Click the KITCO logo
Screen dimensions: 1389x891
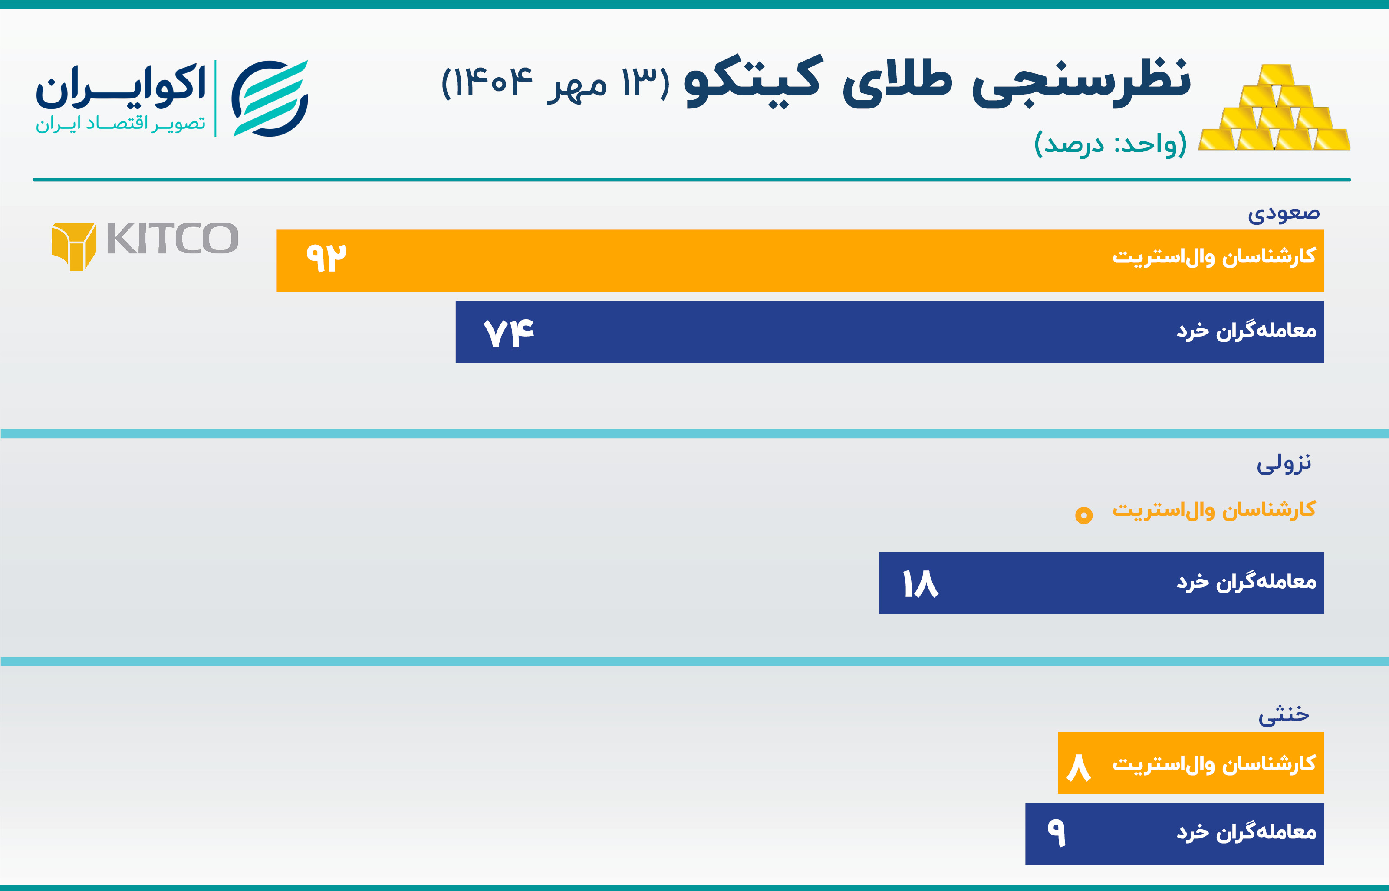coord(145,246)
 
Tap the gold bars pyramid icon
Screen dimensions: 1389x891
coord(1273,108)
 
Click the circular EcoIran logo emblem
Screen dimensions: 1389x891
coord(270,98)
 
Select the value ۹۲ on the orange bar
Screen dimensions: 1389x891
coord(326,258)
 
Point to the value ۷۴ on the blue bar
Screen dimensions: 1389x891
coord(509,333)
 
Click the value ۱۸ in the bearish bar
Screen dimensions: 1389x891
coord(920,584)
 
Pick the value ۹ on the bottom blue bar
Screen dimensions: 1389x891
coord(1056,833)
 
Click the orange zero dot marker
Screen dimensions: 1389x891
coord(1084,515)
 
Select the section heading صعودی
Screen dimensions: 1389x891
coord(1284,213)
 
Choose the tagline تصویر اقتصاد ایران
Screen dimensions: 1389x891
coord(120,124)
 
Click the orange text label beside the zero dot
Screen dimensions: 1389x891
coord(1214,510)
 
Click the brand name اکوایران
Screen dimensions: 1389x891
coord(120,87)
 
